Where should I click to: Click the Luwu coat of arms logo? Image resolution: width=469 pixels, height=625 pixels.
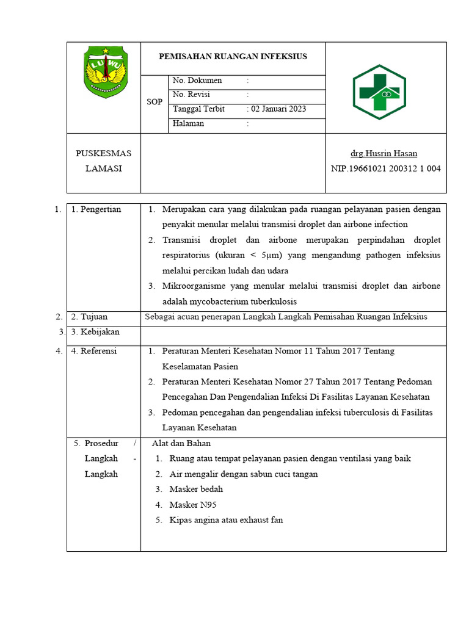pos(107,73)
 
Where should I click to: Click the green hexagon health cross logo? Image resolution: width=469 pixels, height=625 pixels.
pos(379,92)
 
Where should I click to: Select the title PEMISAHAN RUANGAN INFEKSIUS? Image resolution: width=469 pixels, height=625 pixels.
pos(233,57)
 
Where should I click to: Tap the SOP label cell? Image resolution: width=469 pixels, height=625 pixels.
pos(155,102)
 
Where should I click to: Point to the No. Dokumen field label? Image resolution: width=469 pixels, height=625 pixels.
pos(197,81)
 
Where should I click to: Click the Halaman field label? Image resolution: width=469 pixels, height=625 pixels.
pos(189,123)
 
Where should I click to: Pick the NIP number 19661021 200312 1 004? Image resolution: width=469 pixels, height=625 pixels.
pos(385,169)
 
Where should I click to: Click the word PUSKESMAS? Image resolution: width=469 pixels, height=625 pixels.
pos(103,154)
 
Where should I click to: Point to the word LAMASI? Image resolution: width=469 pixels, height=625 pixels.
pos(103,169)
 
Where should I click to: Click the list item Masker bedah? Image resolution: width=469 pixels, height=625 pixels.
pos(196,489)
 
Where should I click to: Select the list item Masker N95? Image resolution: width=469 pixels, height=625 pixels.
pos(193,505)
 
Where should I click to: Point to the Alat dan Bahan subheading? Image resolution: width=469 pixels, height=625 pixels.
pos(181,443)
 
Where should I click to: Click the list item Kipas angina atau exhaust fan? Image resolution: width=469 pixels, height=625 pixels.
pos(226,520)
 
